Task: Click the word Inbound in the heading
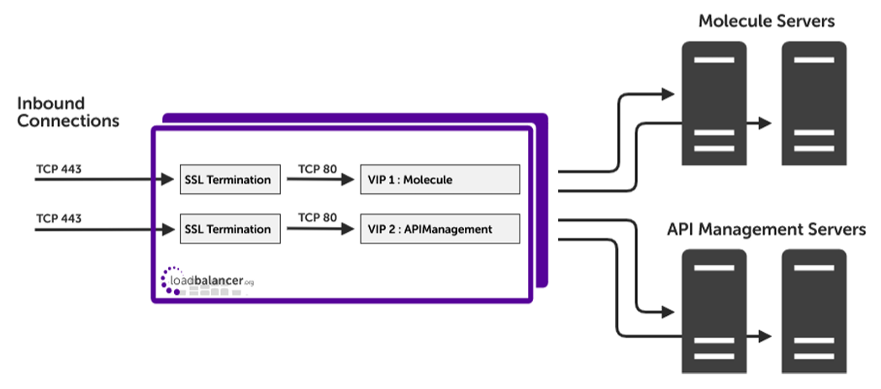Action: pos(51,103)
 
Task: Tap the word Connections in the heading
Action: pos(68,121)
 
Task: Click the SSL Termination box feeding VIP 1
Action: pos(229,179)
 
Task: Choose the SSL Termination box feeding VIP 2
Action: pos(229,229)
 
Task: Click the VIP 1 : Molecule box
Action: pos(440,179)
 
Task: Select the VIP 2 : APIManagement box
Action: pos(440,229)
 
